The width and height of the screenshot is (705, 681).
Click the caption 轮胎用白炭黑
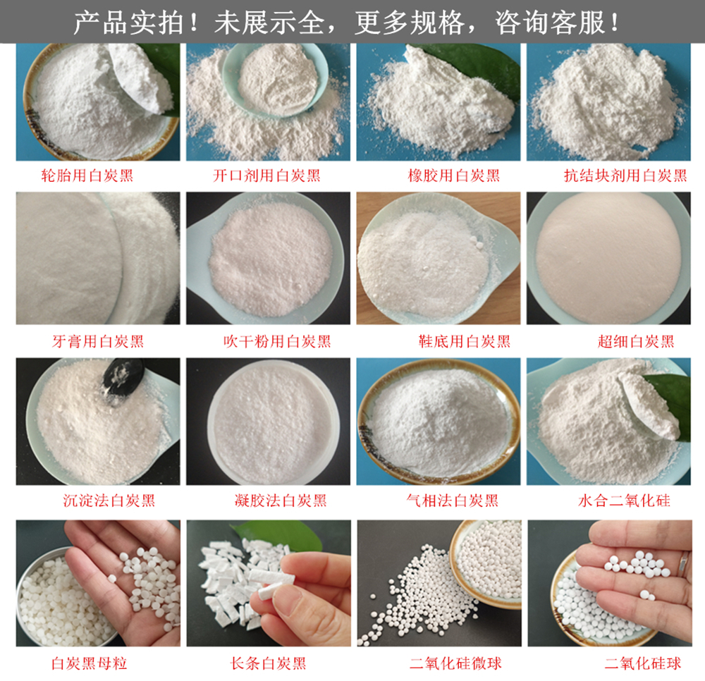click(87, 176)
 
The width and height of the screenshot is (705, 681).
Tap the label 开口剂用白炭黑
click(266, 176)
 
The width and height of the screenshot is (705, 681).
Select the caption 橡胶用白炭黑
click(453, 176)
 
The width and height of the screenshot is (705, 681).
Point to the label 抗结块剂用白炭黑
click(625, 176)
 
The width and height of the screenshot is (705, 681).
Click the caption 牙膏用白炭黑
click(98, 342)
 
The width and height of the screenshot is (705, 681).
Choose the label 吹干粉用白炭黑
click(277, 342)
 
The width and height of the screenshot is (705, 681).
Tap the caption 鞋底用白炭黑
click(465, 342)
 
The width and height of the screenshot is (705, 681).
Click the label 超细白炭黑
click(636, 342)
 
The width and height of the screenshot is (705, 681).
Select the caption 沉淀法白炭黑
click(109, 501)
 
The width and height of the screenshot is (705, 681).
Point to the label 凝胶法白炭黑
click(281, 501)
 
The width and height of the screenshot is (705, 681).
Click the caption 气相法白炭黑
click(453, 501)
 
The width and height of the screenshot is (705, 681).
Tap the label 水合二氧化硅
click(624, 501)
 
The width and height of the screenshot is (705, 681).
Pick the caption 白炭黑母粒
click(89, 663)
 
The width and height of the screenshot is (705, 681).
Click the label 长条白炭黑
click(269, 663)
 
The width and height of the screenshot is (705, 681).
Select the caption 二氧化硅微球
click(455, 663)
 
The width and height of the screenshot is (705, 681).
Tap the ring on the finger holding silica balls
click(684, 561)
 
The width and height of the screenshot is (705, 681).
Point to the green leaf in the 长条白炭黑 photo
click(278, 533)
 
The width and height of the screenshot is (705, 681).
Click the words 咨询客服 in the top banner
click(551, 23)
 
